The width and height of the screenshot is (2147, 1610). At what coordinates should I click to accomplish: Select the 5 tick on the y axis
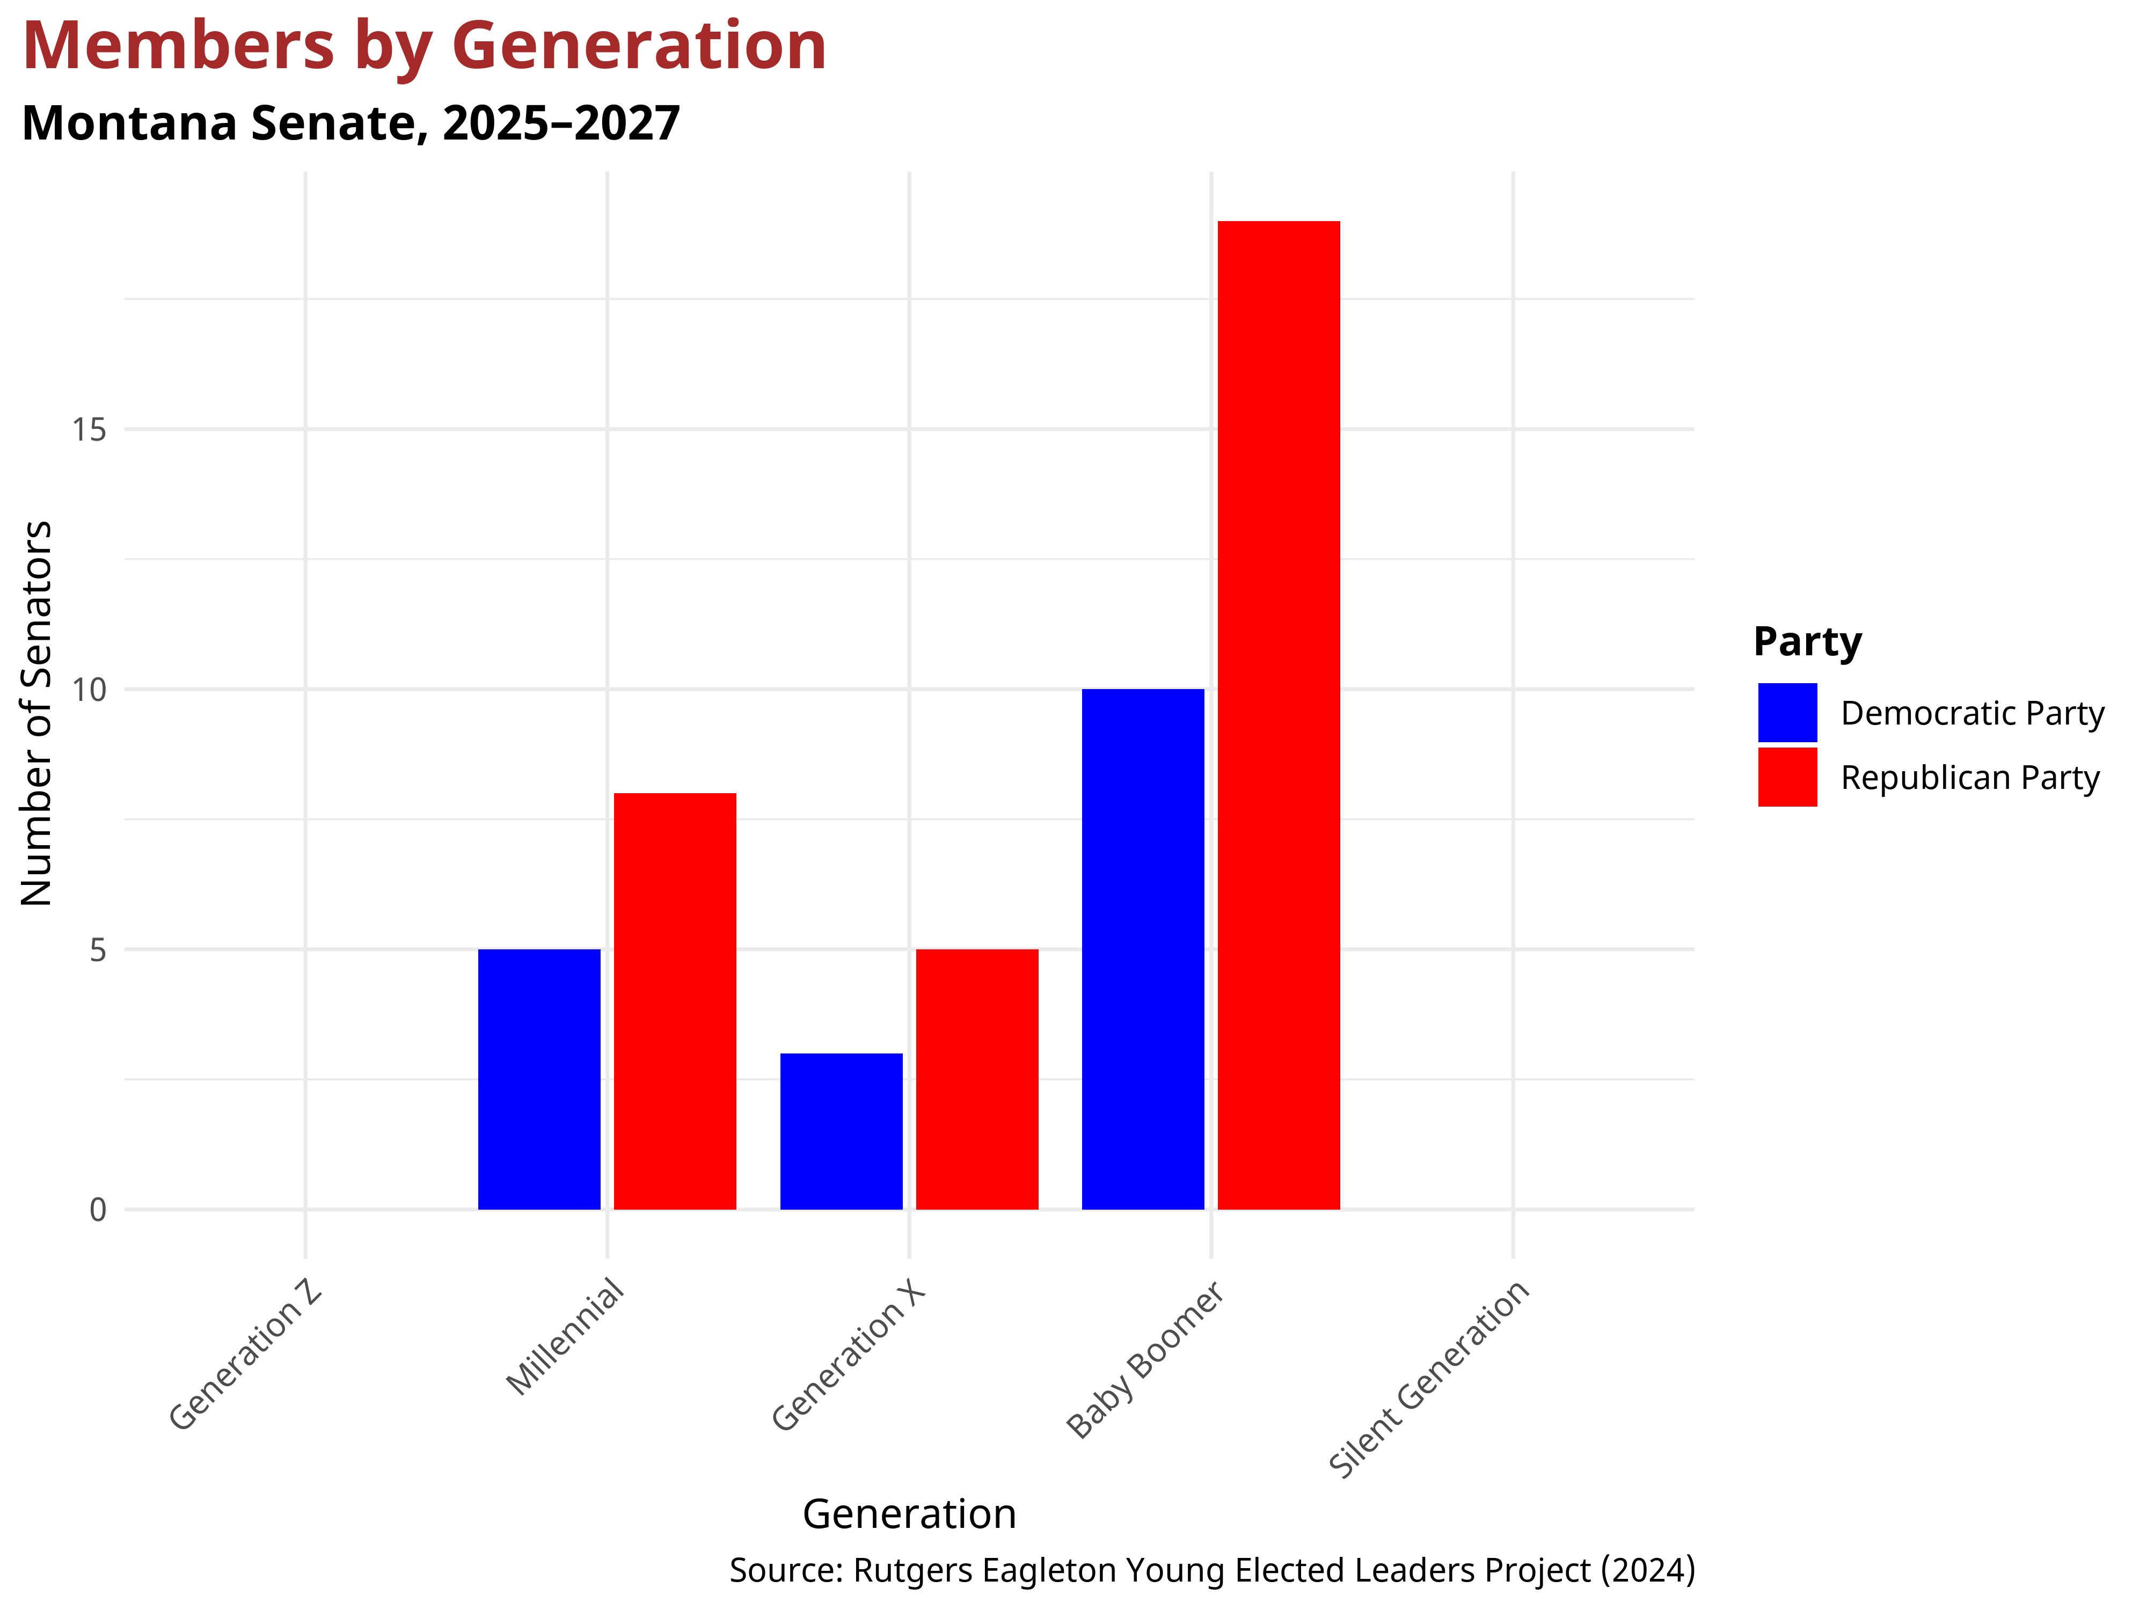click(x=97, y=950)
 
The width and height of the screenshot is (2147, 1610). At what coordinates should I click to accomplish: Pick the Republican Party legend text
click(x=1969, y=778)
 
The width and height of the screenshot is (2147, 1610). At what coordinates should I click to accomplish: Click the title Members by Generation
click(x=424, y=47)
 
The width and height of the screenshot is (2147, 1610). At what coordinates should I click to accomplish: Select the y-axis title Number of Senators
click(x=37, y=713)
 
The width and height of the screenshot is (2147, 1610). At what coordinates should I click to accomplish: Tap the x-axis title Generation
click(x=909, y=1514)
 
